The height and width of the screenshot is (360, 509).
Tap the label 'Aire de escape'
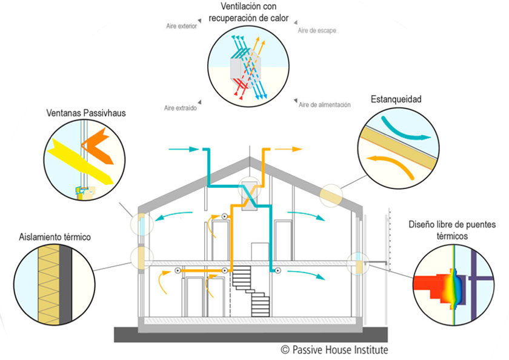point(317,30)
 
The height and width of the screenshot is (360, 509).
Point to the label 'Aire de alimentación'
point(325,105)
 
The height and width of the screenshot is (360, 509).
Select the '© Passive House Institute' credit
point(334,350)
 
